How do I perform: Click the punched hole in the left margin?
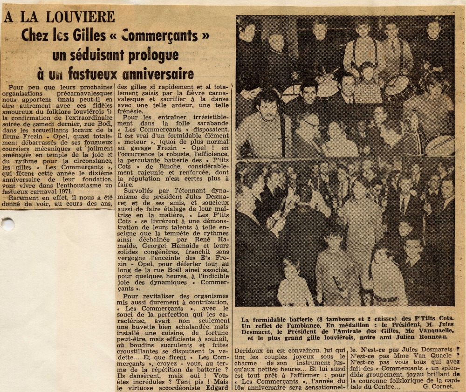coord(7,224)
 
